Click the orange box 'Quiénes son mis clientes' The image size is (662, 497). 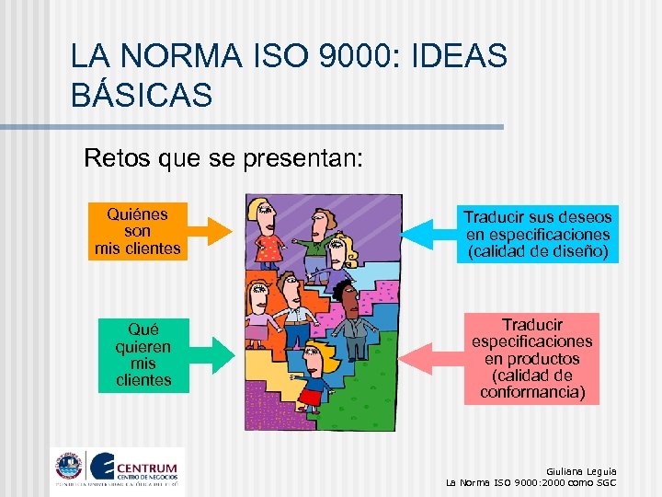(x=138, y=231)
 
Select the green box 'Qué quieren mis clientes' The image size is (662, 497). (x=143, y=355)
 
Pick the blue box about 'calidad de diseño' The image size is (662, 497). (x=537, y=234)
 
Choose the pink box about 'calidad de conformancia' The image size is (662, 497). (x=532, y=358)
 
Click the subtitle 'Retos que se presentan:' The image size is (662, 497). (x=223, y=158)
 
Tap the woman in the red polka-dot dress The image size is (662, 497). (x=268, y=235)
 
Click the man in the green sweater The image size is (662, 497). (x=318, y=241)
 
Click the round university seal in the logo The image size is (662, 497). (x=67, y=467)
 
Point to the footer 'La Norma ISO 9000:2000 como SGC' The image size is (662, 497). (x=531, y=482)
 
